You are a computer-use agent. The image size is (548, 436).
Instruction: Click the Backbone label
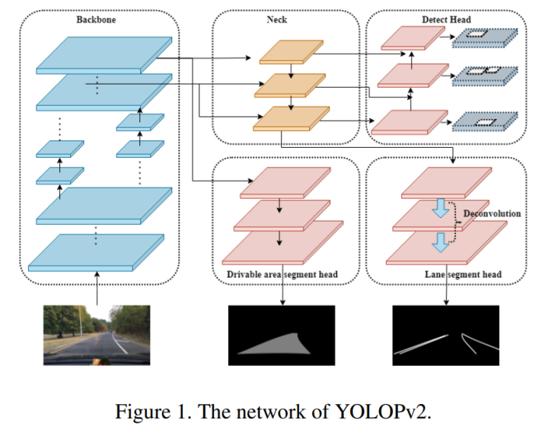click(96, 20)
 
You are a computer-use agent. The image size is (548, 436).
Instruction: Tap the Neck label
click(277, 20)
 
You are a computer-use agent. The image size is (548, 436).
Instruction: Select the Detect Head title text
click(446, 20)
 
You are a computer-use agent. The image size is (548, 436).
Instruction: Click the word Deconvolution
click(492, 213)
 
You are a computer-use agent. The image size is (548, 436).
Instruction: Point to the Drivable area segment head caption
click(282, 274)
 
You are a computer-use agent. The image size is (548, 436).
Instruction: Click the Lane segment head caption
click(463, 274)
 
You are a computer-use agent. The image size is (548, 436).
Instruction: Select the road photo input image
click(97, 335)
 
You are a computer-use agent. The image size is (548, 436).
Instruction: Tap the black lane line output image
click(445, 335)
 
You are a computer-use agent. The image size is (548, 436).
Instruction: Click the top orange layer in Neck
click(291, 52)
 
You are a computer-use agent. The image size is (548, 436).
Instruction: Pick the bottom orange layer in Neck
click(291, 119)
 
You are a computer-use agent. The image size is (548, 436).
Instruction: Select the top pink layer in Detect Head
click(413, 38)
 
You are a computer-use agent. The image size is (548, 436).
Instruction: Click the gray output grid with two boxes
click(485, 76)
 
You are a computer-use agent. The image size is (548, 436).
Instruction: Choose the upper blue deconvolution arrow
click(441, 208)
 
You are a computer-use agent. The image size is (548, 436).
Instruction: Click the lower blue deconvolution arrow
click(441, 242)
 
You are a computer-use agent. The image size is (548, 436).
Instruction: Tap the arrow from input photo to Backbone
click(97, 288)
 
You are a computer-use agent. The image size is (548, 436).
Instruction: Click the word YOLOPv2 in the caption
click(383, 412)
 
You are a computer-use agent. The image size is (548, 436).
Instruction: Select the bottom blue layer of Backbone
click(96, 252)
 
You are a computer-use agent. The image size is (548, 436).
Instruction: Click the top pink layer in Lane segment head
click(446, 183)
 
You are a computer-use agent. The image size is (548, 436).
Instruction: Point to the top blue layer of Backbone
click(104, 56)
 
